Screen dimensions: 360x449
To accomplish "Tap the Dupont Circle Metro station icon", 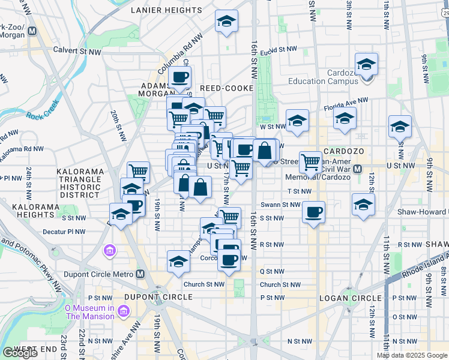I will [x=140, y=274].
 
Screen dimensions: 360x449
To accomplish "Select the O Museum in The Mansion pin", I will [x=124, y=311].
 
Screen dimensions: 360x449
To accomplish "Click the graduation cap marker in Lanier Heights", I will [x=226, y=22].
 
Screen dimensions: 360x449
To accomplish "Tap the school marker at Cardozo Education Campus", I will [x=366, y=64].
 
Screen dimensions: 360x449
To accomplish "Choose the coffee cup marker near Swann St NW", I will [x=314, y=212].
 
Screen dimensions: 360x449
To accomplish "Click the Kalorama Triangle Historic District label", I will [x=80, y=183].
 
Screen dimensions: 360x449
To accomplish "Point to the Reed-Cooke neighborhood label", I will [x=226, y=88].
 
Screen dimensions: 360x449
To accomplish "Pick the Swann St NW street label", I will [x=283, y=205].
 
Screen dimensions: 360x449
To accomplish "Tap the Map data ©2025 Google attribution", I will [x=412, y=355].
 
